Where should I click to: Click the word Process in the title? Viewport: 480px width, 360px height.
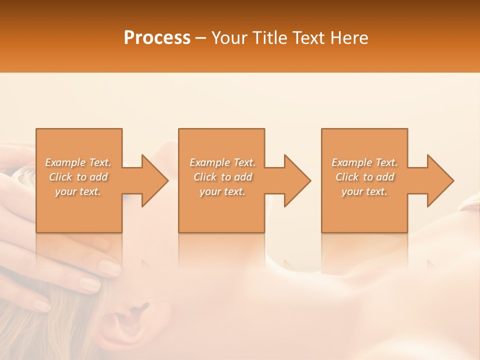tap(157, 38)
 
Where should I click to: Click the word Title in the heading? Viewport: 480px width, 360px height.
tap(266, 38)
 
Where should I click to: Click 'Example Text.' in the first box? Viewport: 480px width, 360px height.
tap(78, 162)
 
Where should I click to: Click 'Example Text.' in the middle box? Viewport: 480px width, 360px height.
tap(222, 162)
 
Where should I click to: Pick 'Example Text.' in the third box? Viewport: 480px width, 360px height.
tap(364, 162)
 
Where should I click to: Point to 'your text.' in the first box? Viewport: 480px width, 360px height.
tap(78, 192)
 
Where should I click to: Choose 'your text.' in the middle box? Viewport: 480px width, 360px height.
tap(222, 192)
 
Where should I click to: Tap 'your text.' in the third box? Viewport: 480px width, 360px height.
tap(364, 192)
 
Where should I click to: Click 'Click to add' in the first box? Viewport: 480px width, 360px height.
tap(78, 177)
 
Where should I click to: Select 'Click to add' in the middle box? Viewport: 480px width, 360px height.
tap(222, 177)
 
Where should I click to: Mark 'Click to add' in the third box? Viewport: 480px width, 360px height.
tap(364, 177)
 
